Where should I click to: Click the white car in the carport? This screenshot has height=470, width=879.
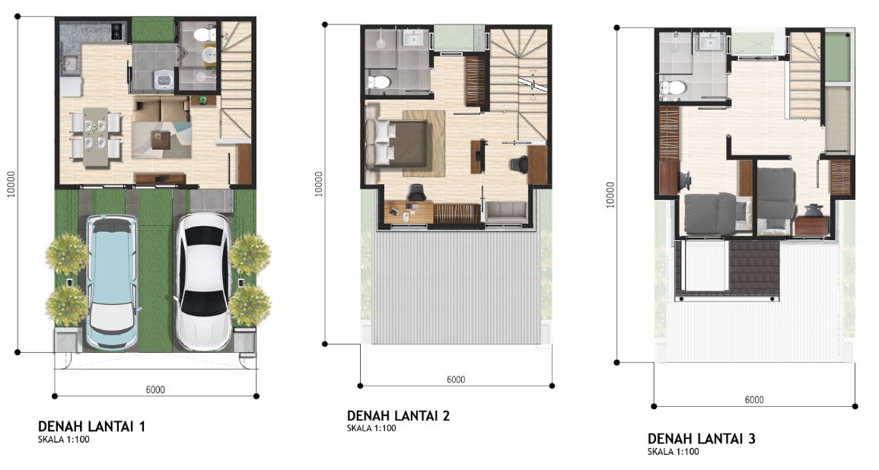pos(202,281)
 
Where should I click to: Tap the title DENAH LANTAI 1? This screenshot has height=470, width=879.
pos(91,427)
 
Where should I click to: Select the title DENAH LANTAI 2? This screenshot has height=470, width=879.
pos(398,416)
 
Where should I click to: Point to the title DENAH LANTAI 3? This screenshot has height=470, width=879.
pos(701,439)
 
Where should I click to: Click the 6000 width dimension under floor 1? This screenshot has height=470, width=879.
pos(155,390)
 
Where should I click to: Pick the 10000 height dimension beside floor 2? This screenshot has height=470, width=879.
pos(319,184)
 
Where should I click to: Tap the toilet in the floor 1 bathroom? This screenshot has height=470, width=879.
pos(205,35)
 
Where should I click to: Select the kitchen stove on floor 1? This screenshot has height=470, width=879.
pos(118,31)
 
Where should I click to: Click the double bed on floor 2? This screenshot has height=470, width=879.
pos(397,144)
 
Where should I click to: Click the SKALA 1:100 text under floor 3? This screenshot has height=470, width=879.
pos(674,452)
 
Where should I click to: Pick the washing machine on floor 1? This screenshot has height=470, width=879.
pos(163,79)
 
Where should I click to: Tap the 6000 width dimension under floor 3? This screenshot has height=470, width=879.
pos(754,400)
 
